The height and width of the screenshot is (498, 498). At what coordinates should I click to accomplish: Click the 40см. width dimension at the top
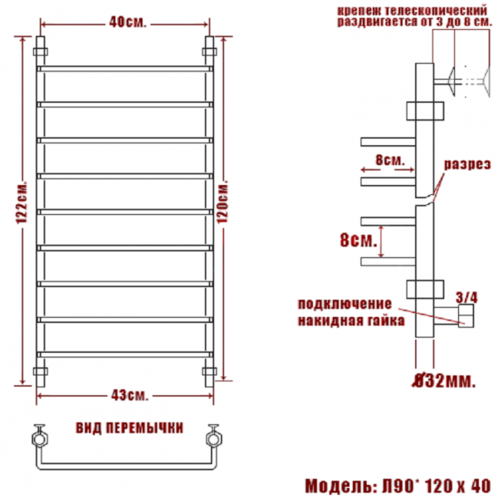[x=128, y=22]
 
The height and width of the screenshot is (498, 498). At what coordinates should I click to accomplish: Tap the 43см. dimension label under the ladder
[x=129, y=395]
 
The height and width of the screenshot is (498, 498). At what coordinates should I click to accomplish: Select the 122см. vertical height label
[x=22, y=203]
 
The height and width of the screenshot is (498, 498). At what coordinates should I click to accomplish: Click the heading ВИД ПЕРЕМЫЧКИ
[x=129, y=427]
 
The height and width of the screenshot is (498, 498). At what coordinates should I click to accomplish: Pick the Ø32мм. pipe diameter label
[x=444, y=381]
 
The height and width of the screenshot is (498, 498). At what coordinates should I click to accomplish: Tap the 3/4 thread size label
[x=466, y=298]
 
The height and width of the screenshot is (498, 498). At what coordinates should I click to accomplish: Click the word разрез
[x=467, y=164]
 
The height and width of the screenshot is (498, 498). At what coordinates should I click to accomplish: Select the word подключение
[x=345, y=304]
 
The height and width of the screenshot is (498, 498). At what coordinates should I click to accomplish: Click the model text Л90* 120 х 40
[x=437, y=486]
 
